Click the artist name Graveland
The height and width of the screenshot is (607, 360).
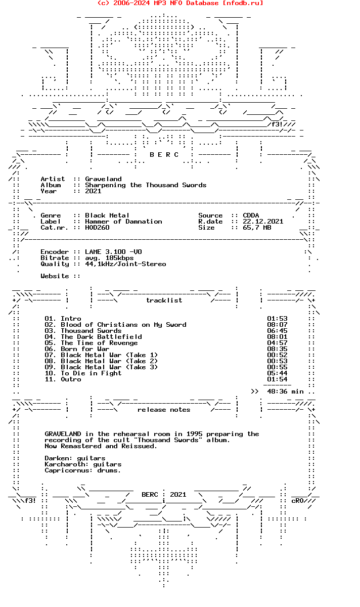pyautogui.click(x=103, y=179)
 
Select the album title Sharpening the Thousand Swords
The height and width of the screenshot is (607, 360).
pyautogui.click(x=146, y=185)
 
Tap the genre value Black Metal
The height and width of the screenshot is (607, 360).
pyautogui.click(x=107, y=215)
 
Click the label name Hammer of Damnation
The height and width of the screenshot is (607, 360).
pyautogui.click(x=123, y=222)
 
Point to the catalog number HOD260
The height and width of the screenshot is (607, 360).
pyautogui.click(x=97, y=228)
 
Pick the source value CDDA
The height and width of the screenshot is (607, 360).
pyautogui.click(x=251, y=215)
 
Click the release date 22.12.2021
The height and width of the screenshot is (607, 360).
pyautogui.click(x=263, y=222)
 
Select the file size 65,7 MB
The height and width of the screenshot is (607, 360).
pyautogui.click(x=257, y=228)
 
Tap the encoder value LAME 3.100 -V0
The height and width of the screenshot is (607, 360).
pyautogui.click(x=113, y=252)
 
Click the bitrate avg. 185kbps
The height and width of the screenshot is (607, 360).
pyautogui.click(x=109, y=258)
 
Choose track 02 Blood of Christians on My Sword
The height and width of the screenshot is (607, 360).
pyautogui.click(x=123, y=325)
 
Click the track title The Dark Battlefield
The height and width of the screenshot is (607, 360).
pyautogui.click(x=101, y=337)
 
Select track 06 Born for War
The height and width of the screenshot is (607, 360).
pyautogui.click(x=85, y=349)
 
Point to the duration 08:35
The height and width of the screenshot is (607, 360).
pyautogui.click(x=277, y=349)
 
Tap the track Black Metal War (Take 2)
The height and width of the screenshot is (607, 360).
pyautogui.click(x=109, y=361)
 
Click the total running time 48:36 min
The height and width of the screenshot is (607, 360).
pyautogui.click(x=285, y=392)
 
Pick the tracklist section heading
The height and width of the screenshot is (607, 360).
pyautogui.click(x=164, y=300)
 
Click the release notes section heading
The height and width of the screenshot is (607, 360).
pyautogui.click(x=164, y=410)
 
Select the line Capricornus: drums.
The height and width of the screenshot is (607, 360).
pyautogui.click(x=83, y=470)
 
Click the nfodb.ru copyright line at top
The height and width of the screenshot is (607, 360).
pyautogui.click(x=180, y=3)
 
